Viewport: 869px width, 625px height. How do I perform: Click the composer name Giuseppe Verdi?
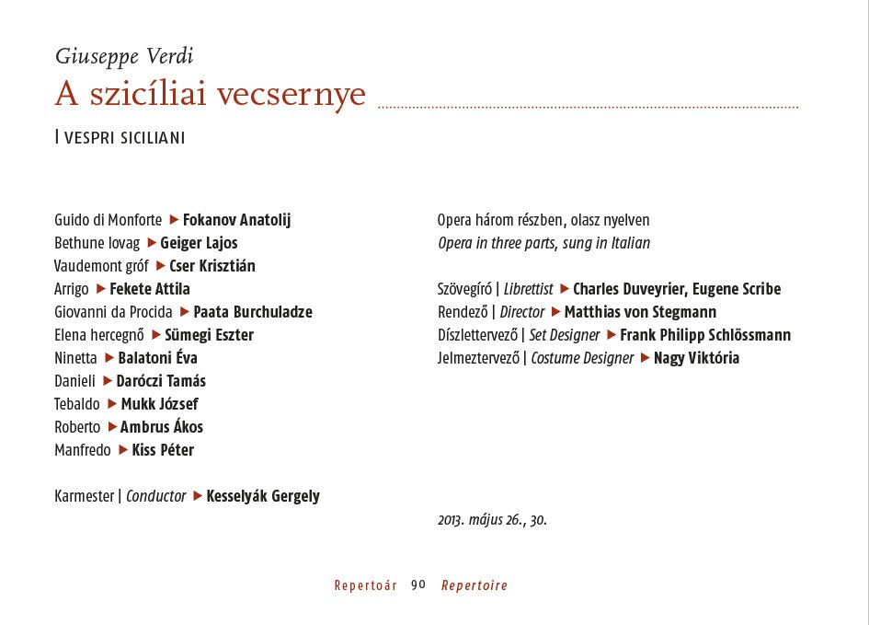pos(124,56)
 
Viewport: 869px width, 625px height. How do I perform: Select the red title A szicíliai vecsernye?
pos(211,95)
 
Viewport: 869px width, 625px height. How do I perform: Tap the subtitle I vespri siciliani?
pos(120,138)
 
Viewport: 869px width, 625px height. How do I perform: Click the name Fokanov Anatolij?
pos(236,220)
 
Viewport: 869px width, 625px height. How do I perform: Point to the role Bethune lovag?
pos(97,243)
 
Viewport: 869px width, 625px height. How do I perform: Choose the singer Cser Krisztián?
pos(212,266)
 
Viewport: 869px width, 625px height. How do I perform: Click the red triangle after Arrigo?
pos(101,289)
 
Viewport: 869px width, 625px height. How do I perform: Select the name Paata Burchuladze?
pos(253,312)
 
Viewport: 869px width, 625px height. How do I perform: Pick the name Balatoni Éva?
pos(157,358)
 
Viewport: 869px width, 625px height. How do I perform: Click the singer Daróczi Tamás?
pos(161,381)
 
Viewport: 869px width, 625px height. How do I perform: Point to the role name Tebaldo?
pos(77,404)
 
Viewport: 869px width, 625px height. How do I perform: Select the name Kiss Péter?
pos(163,450)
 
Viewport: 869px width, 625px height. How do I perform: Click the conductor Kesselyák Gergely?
pos(263,496)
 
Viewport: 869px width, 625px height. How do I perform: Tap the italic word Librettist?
pos(528,289)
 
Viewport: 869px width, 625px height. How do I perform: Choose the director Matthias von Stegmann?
pos(640,312)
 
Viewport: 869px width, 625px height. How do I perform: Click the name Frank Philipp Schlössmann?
pos(705,335)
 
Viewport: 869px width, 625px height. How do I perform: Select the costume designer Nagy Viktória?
pos(696,358)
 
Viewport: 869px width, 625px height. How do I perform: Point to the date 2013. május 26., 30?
pos(492,520)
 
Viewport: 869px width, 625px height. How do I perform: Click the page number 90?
pos(418,585)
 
